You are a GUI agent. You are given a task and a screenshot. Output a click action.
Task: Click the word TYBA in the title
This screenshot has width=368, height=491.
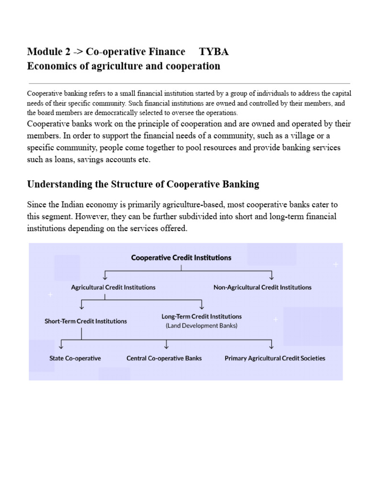point(214,52)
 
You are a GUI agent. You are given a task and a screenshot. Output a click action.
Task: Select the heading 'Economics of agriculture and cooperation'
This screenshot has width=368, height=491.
point(124,66)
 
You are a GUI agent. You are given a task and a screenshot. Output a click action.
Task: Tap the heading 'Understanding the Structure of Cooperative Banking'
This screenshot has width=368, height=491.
point(143,184)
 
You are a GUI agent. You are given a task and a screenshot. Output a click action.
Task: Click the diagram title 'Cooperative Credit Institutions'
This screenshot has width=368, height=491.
point(181,257)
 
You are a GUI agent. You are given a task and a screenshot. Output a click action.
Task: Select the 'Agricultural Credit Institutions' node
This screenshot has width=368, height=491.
point(113,287)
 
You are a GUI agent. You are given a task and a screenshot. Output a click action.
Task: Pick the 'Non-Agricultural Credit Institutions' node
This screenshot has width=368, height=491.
point(262,287)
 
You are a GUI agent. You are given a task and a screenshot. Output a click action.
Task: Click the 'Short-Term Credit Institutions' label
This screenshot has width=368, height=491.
point(86,321)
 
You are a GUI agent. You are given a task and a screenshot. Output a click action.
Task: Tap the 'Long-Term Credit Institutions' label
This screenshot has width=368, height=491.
point(202,316)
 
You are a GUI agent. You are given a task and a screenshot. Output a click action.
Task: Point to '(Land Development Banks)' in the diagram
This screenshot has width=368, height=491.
point(202,326)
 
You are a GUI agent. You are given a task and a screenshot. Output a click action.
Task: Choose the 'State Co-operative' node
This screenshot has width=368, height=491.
point(75,358)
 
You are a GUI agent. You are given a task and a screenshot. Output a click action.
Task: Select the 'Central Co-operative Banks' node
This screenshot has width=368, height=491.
point(164,358)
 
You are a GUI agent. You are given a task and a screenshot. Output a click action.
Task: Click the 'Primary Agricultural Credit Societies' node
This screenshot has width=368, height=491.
point(275,358)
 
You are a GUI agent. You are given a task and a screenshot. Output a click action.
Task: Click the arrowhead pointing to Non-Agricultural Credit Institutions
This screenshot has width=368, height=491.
point(272,277)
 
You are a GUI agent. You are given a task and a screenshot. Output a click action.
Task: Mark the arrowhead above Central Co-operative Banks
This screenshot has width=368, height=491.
point(166,346)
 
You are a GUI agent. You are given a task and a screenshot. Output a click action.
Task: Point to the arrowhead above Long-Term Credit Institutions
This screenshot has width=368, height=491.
point(202,306)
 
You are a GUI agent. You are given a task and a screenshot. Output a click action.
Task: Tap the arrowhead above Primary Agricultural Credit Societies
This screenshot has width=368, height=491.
point(272,346)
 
